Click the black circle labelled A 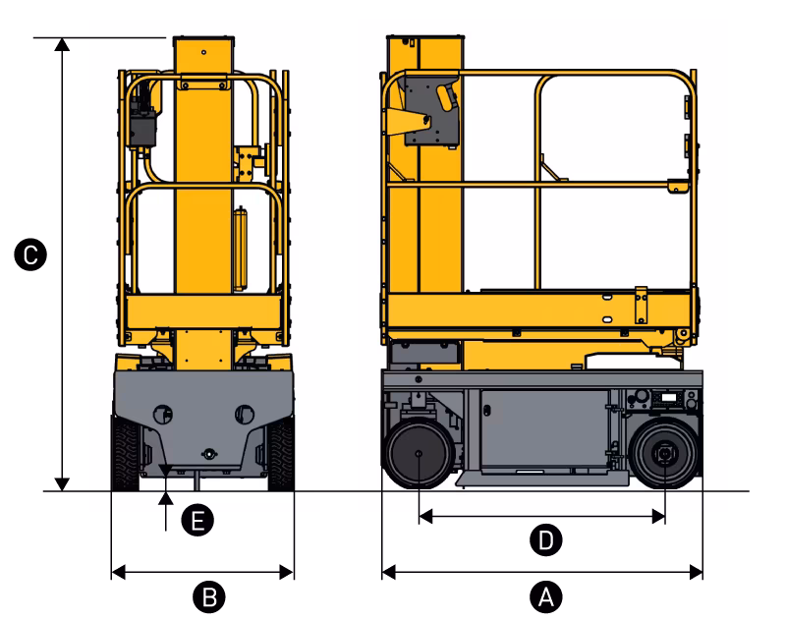tap(546, 597)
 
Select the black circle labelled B tap(209, 597)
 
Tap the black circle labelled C tap(30, 254)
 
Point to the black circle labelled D tap(546, 539)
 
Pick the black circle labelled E tap(197, 520)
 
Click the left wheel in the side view tap(419, 454)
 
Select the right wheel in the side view tap(664, 454)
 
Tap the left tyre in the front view tap(125, 454)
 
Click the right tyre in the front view tap(281, 454)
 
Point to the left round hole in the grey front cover tap(162, 415)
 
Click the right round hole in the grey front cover tap(245, 415)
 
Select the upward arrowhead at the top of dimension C tap(62, 44)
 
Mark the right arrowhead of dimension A tap(697, 572)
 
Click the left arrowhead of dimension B tap(118, 572)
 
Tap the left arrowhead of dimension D tap(425, 516)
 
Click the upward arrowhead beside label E tap(166, 498)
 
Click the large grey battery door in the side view tap(544, 429)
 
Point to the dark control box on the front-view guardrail tap(142, 123)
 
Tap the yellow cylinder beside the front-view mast tap(241, 250)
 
